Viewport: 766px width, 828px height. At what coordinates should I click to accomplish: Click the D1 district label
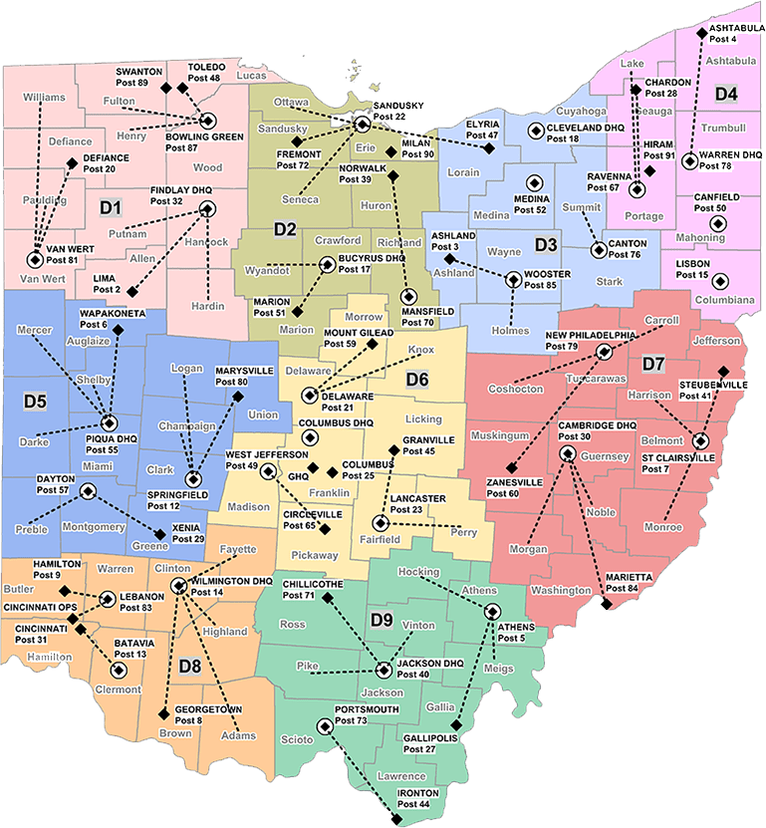pos(110,207)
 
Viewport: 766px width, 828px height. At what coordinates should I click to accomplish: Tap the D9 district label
pos(382,620)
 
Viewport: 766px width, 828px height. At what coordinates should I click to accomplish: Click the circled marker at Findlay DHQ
pos(207,208)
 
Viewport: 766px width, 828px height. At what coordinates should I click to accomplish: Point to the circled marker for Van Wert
pos(35,259)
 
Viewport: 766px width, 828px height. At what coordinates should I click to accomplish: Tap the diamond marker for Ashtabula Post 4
pos(701,34)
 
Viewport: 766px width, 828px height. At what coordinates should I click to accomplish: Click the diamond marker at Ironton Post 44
pos(396,819)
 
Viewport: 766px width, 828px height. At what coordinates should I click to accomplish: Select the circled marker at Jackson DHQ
pos(384,671)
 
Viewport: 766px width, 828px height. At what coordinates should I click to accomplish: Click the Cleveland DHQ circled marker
pos(535,130)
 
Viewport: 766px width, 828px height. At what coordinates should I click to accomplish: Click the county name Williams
pos(43,97)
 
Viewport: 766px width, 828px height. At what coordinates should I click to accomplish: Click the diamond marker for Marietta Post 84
pos(604,604)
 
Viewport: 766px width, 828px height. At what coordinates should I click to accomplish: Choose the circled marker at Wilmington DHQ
pos(177,586)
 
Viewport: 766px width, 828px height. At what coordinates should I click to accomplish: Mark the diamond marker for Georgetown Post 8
pos(163,713)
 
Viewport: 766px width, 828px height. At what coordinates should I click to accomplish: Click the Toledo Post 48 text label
pos(203,72)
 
